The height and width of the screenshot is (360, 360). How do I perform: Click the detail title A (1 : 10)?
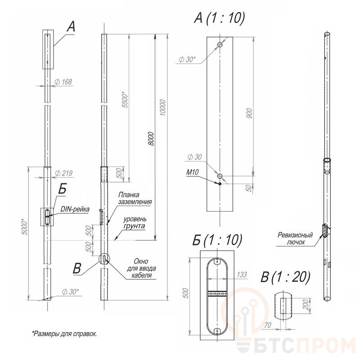point(220,18)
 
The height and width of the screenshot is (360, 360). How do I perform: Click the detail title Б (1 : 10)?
point(217,240)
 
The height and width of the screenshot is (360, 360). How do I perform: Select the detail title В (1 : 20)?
point(285,277)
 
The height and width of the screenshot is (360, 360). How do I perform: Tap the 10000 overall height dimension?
point(162,108)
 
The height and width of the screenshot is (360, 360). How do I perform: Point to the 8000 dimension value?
point(151,139)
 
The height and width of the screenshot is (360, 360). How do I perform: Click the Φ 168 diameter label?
point(63,82)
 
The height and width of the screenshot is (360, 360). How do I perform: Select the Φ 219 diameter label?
point(63,173)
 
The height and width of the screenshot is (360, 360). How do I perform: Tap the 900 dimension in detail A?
point(249,113)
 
